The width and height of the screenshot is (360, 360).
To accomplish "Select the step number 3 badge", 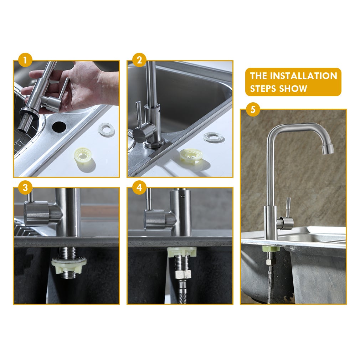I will coord(25,188).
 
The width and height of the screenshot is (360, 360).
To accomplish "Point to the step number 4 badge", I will coord(139,188).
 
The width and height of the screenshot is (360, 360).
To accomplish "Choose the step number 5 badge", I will coord(253,109).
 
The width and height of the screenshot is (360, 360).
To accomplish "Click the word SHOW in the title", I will coord(294,88).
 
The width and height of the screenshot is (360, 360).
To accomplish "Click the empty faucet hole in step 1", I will coord(58,126).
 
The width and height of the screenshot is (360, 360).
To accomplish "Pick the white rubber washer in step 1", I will coord(107,130).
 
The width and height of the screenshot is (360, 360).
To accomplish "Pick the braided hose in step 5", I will coord(270,285).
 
